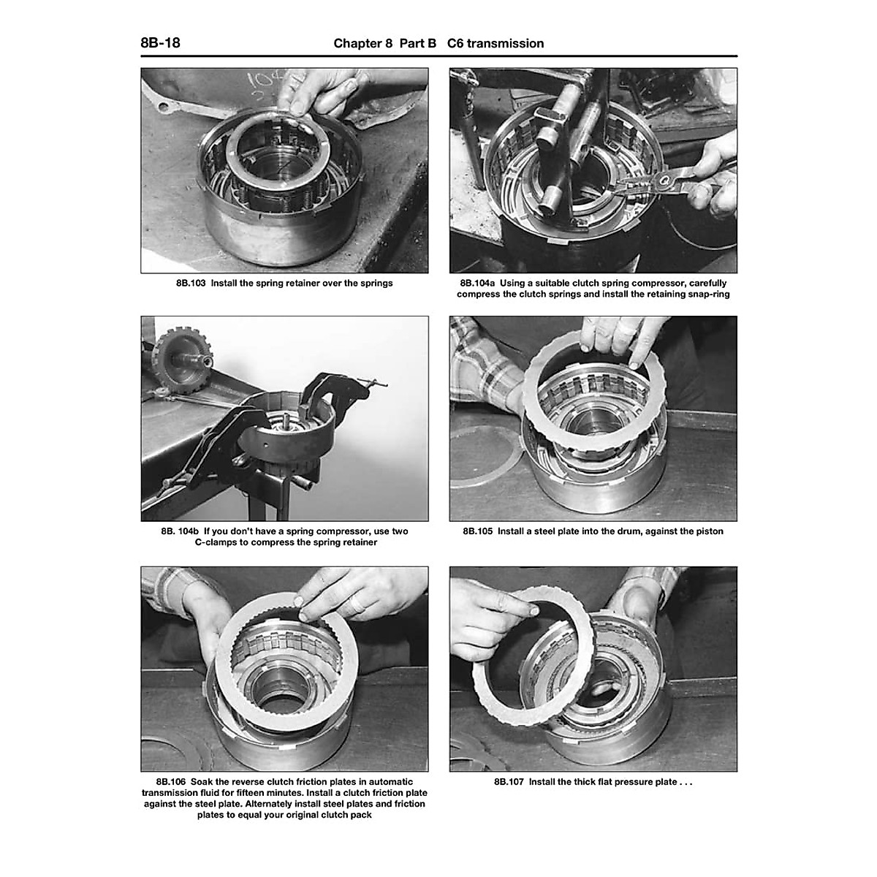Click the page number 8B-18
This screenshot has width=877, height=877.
160,43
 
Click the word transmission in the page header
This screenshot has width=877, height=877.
505,43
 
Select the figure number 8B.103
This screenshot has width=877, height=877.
191,283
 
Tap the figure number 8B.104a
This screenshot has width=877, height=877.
477,283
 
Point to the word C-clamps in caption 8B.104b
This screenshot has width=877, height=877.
216,542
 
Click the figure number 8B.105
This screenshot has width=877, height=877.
477,531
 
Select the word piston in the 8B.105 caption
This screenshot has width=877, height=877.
709,531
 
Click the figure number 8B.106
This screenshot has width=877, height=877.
171,781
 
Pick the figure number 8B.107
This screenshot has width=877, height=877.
509,781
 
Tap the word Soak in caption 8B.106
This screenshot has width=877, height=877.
201,781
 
